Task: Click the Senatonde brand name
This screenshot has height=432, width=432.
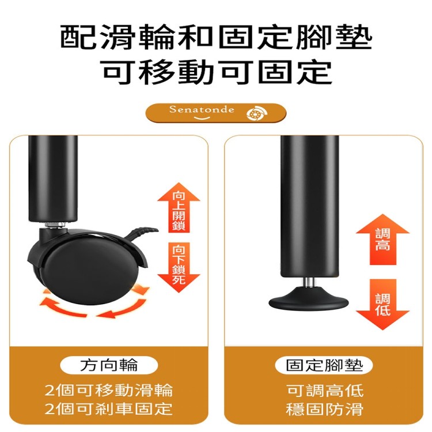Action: point(202,109)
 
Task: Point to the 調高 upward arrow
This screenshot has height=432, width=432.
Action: point(382,239)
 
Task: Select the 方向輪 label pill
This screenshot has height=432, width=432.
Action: point(108,365)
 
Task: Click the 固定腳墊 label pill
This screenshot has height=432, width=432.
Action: point(324,365)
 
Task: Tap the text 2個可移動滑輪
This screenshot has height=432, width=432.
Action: point(108,391)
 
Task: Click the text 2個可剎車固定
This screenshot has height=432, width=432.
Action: point(108,410)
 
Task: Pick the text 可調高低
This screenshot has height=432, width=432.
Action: point(324,391)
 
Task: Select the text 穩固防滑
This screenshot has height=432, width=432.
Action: point(324,410)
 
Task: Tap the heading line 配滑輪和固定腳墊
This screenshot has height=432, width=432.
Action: point(217,38)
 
